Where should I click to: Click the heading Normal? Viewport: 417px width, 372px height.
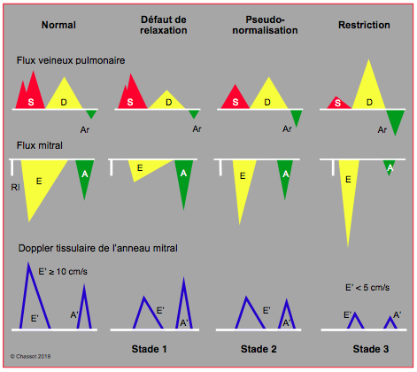coord(58,25)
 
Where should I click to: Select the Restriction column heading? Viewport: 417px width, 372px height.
coord(364,25)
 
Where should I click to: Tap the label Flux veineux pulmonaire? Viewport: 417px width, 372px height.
coord(71,60)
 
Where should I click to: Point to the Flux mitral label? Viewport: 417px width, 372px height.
coord(40,145)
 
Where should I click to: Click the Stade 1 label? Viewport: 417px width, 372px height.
coord(150,349)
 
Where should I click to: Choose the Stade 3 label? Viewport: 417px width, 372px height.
coord(371,349)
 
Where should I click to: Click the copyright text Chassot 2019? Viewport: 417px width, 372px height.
coord(31,357)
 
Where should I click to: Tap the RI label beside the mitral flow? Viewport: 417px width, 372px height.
coord(15,188)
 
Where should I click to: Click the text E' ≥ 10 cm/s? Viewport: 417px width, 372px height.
coord(63,272)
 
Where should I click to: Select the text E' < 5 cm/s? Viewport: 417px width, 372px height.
coord(367,288)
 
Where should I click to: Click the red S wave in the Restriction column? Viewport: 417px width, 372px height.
coord(339,104)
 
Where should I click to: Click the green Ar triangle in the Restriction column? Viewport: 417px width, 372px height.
coord(396,120)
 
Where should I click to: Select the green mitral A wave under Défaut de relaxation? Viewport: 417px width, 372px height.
coord(184,180)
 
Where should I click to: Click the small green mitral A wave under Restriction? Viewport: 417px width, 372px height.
coord(390,167)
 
